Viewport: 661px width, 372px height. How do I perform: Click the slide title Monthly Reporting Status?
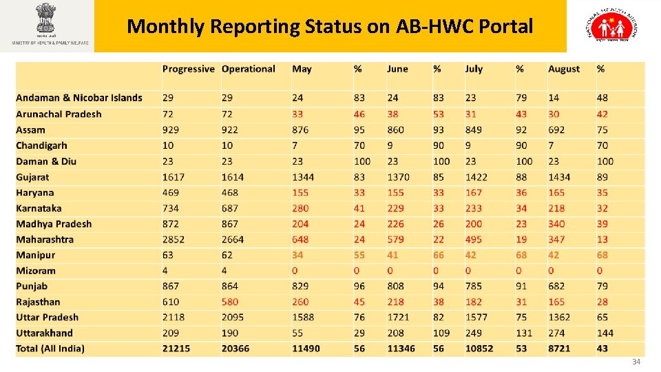(330, 27)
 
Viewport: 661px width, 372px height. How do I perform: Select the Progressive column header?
(189, 69)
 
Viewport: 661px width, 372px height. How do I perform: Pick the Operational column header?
(248, 69)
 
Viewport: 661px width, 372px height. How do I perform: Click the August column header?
(564, 69)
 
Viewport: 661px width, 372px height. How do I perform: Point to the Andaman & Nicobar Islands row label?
(79, 98)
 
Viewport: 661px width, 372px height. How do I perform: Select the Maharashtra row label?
(45, 240)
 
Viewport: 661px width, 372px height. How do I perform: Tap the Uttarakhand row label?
(44, 333)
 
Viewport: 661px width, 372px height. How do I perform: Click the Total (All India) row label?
(50, 349)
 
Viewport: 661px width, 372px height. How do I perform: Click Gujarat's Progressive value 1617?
(174, 177)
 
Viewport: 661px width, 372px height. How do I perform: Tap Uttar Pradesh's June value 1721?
(399, 318)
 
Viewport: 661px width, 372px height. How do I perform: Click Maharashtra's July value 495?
(474, 240)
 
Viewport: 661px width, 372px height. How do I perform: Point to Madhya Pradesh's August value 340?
(556, 224)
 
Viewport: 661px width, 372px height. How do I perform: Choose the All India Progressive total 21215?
(177, 349)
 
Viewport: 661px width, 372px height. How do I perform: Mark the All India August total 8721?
(560, 349)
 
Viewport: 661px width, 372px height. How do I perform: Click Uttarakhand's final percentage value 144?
(605, 333)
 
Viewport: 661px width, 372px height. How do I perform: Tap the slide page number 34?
(636, 362)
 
